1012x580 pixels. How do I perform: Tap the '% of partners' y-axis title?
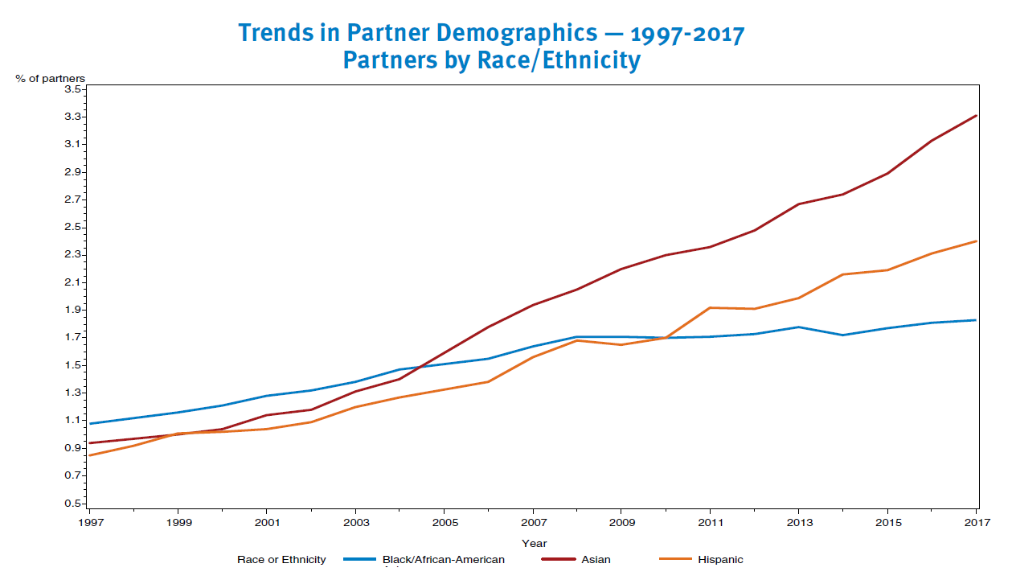[51, 78]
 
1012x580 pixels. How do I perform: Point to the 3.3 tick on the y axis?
[73, 117]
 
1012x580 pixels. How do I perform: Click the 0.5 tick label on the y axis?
[73, 504]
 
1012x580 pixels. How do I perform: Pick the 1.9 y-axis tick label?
[73, 310]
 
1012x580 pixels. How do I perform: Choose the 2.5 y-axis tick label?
[73, 227]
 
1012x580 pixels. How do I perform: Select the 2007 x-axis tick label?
[533, 523]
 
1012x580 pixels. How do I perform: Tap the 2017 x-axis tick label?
[977, 523]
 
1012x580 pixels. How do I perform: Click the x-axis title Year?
[534, 544]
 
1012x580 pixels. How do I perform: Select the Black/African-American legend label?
[444, 560]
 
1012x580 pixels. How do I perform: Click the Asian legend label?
[596, 560]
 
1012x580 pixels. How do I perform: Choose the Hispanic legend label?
[720, 560]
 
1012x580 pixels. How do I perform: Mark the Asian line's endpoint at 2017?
[977, 116]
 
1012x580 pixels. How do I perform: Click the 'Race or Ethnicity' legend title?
[281, 560]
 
